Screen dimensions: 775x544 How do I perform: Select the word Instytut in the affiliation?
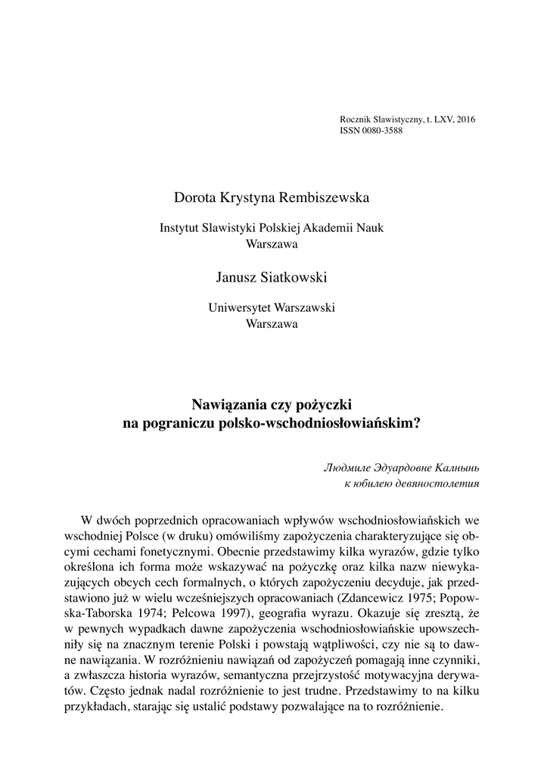pyautogui.click(x=180, y=228)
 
